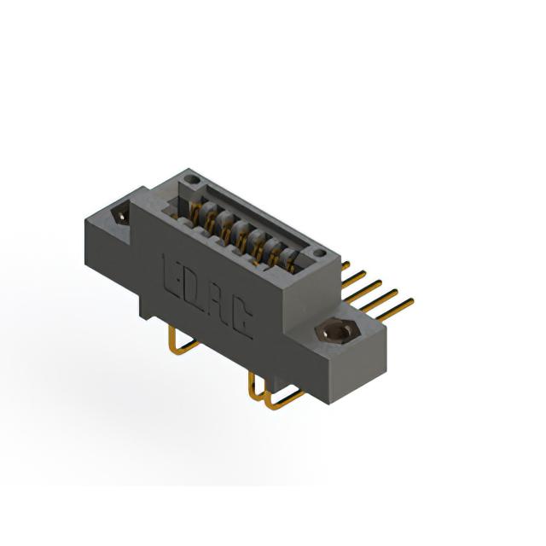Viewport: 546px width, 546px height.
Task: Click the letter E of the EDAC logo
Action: (x=173, y=276)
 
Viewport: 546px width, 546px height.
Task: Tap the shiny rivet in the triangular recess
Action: (x=121, y=216)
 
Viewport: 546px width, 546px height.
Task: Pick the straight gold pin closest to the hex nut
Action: (x=396, y=310)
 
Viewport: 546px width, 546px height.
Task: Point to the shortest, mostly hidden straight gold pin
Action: (x=346, y=266)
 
